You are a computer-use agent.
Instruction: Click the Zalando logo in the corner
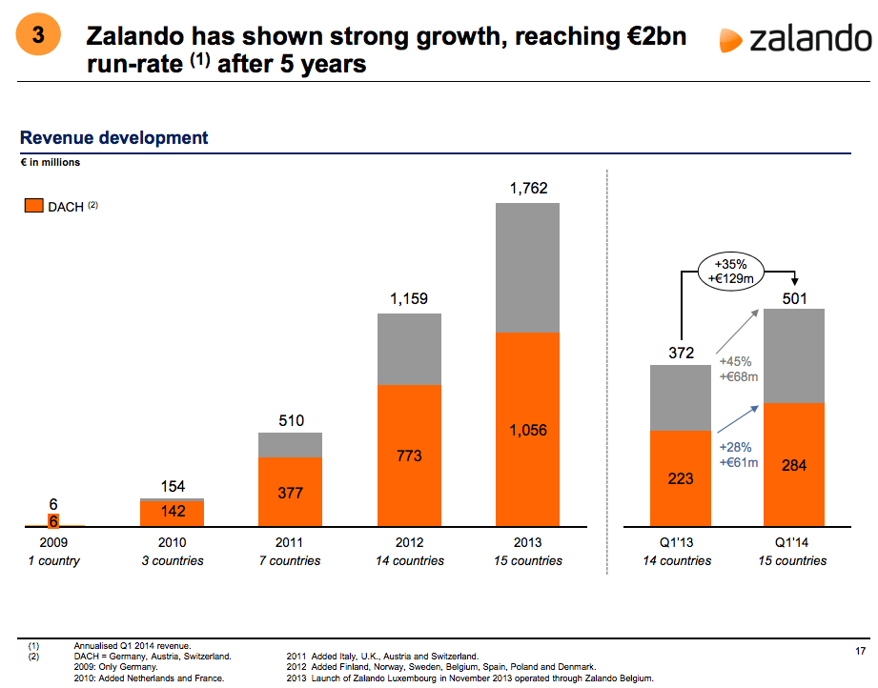795,39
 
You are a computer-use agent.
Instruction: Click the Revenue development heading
113,138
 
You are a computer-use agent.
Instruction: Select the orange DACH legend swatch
33,206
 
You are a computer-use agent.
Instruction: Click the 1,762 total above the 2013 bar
528,189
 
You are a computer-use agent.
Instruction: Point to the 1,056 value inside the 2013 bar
528,430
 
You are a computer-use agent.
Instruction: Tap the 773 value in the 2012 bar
410,455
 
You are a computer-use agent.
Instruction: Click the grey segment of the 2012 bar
410,348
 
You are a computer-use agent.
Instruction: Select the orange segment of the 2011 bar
290,492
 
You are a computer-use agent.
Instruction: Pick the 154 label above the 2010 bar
172,485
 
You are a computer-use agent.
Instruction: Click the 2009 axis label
53,542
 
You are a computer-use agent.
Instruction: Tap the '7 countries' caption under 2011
290,560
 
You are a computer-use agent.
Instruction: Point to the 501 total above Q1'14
794,299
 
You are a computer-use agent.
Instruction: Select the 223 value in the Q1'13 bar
681,478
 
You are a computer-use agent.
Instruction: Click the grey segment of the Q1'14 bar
794,354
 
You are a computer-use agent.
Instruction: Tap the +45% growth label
736,361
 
